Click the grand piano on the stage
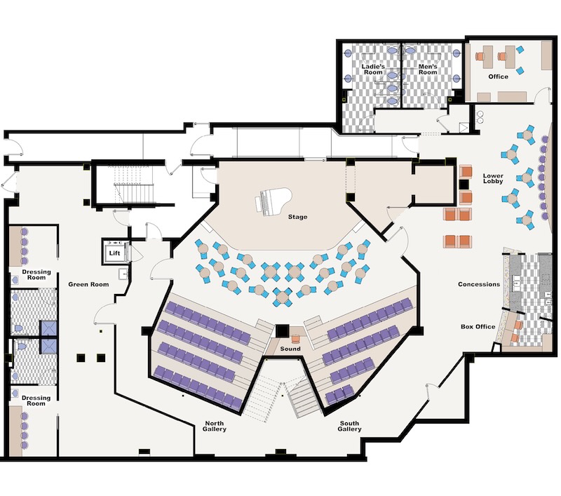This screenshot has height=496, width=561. coord(273,202)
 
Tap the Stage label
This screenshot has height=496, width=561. coord(297,217)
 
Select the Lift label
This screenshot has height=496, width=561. coord(114,253)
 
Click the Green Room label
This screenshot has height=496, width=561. coord(88,285)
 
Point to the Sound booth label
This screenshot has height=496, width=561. coord(290,349)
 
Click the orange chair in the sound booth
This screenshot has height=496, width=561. coord(296,338)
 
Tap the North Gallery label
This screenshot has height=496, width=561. coord(215,426)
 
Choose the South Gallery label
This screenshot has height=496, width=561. coord(349,426)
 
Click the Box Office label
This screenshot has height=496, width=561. coord(478,327)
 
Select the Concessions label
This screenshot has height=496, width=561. coord(479,285)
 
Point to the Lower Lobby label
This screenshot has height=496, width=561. coord(493,178)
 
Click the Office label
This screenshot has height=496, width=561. coord(498,76)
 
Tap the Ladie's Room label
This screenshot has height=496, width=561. coord(373,69)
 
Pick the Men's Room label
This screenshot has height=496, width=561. coord(428,69)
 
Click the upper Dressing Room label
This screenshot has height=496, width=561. coord(36,274)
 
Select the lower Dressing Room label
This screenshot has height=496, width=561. coord(36,401)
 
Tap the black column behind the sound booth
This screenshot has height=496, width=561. coord(282,331)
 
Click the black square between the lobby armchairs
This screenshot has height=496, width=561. coord(464,185)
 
